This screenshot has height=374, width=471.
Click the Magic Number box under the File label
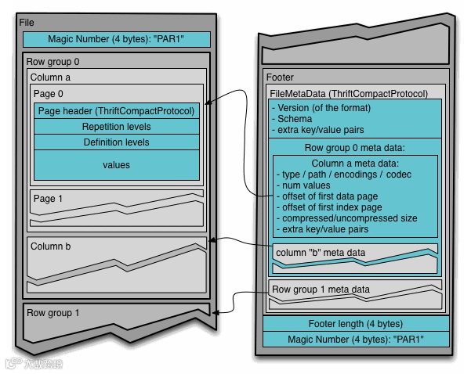tap(116, 39)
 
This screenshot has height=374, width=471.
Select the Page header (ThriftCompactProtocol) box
tap(116, 111)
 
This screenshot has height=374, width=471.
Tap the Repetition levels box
tap(116, 127)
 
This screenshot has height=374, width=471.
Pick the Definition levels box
tap(116, 142)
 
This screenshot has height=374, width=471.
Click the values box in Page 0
tap(116, 165)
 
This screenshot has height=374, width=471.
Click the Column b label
tap(50, 246)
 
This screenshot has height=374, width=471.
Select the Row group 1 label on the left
tap(53, 313)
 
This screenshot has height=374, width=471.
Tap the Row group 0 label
tap(53, 61)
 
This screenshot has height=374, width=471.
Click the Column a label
tap(50, 77)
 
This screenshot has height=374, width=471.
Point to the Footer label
tap(281, 77)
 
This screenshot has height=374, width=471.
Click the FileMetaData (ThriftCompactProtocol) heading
tap(349, 93)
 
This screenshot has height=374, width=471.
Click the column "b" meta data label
tap(320, 252)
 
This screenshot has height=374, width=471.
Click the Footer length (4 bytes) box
tap(356, 324)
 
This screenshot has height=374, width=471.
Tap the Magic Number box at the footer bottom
tap(356, 339)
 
